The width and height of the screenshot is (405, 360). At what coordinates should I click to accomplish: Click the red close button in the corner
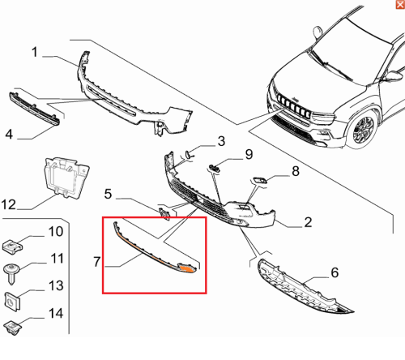tap(400, 4)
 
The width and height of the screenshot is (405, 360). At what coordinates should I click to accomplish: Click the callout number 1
tap(34, 52)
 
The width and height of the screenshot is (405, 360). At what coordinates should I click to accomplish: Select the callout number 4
tap(9, 134)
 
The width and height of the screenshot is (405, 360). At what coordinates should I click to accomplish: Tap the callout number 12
tap(9, 204)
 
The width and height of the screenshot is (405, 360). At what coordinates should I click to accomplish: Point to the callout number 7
tap(97, 262)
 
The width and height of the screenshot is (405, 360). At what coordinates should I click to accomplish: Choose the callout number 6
tap(335, 272)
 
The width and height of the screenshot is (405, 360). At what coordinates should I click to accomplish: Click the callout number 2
tap(308, 222)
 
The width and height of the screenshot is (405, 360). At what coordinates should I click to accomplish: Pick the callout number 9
tap(249, 154)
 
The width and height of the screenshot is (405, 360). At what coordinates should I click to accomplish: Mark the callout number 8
tap(296, 171)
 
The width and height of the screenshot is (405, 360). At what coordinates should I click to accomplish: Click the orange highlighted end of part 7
tap(186, 268)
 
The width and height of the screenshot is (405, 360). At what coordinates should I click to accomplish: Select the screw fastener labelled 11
tap(11, 273)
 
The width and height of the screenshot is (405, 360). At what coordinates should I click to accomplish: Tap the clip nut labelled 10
tap(12, 246)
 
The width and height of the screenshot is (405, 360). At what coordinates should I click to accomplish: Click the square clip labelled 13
tap(13, 301)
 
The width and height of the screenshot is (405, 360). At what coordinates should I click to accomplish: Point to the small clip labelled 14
tap(13, 328)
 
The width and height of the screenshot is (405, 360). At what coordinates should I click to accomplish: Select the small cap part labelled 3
tap(187, 155)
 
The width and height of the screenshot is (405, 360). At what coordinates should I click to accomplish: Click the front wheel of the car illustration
tap(364, 130)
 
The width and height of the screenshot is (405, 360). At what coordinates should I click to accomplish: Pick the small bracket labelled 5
tap(164, 213)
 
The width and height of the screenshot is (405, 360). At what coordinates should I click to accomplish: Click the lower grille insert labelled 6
tap(302, 288)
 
